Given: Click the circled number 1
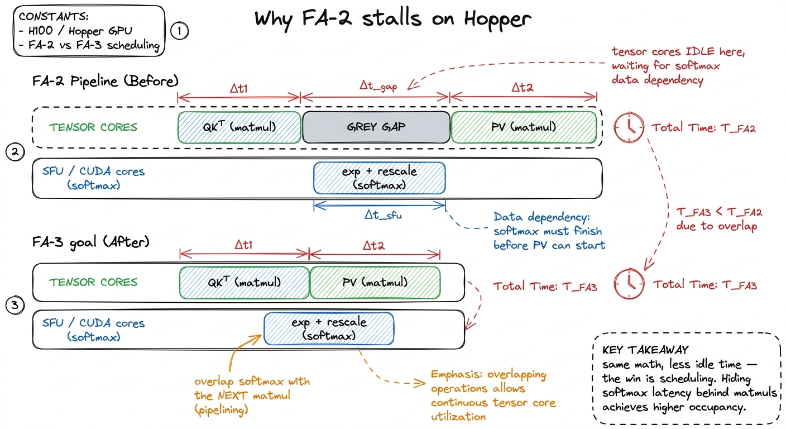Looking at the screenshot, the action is tap(179, 31).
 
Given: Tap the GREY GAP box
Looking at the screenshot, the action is tap(376, 127).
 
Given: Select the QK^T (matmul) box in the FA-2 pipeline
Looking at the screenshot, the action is tap(239, 127).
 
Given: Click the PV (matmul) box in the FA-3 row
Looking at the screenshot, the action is tap(375, 283).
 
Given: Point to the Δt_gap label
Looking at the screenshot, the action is tap(378, 85).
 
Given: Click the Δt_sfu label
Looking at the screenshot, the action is tap(383, 215).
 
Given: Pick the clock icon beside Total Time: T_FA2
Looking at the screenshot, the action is tap(629, 127).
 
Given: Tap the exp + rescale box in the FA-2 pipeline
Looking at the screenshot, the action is tap(379, 178).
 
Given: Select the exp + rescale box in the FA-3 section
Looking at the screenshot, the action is tap(329, 328).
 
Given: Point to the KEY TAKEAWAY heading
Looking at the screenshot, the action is tap(645, 350).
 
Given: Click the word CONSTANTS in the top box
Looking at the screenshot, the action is tap(54, 17).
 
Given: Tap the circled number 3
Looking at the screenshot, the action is tap(15, 305).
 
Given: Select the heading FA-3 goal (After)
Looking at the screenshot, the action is tap(91, 242).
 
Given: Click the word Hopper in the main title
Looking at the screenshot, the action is tap(497, 20).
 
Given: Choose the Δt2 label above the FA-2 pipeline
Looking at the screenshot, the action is tap(522, 87).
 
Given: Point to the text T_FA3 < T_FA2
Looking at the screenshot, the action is tap(719, 212).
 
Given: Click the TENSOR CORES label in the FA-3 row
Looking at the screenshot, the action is tap(93, 282).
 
